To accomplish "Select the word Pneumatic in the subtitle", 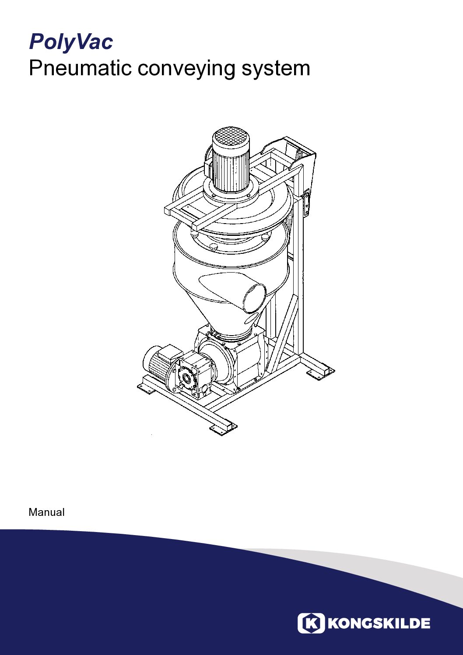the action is (x=80, y=68).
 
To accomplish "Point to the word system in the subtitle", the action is (x=276, y=69).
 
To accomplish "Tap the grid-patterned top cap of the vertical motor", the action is (x=230, y=137).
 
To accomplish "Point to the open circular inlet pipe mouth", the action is (x=255, y=298).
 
